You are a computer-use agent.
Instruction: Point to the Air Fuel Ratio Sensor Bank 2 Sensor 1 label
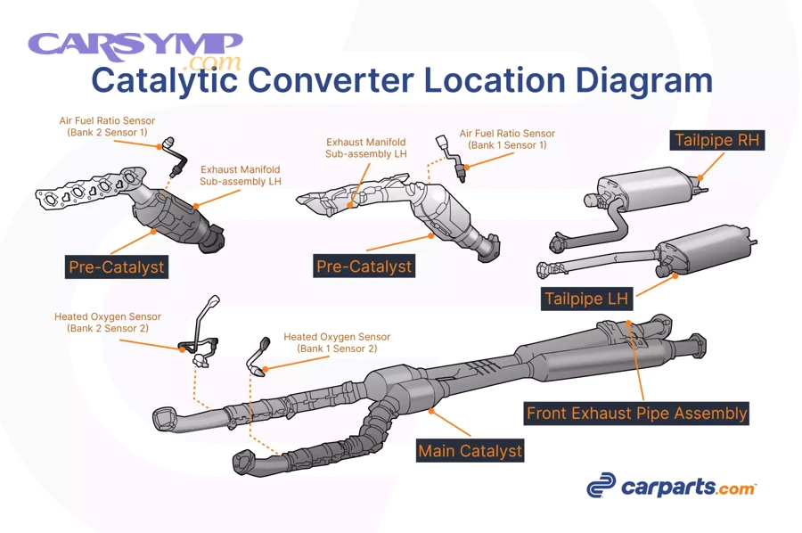(x=107, y=127)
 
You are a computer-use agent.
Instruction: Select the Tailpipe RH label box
(x=717, y=141)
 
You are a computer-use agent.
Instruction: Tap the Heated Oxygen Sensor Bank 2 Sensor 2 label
(x=107, y=322)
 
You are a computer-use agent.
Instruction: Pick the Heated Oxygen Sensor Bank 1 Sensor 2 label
(x=336, y=342)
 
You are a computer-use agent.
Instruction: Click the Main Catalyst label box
(x=470, y=450)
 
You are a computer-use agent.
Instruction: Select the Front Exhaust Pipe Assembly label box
(x=636, y=414)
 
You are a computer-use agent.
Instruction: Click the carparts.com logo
(x=671, y=487)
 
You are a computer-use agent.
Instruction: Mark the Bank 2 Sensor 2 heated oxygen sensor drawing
(x=200, y=334)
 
